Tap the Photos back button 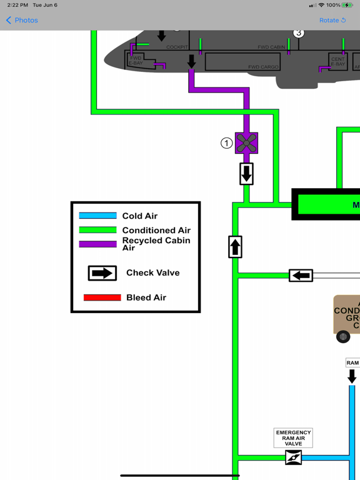22,20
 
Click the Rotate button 332,20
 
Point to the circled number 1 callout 226,143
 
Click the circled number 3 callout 299,32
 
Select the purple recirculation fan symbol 246,143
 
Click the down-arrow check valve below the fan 246,174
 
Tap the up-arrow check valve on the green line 235,247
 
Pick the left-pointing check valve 301,275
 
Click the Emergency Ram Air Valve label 293,437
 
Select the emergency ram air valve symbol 293,458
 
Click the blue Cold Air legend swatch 97,216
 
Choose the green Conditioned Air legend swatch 97,230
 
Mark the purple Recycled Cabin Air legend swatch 97,244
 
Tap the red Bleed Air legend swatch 102,297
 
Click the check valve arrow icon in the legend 102,273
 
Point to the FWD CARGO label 263,67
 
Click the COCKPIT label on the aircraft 177,47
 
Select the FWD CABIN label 271,47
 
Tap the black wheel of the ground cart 343,337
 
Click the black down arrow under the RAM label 352,376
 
